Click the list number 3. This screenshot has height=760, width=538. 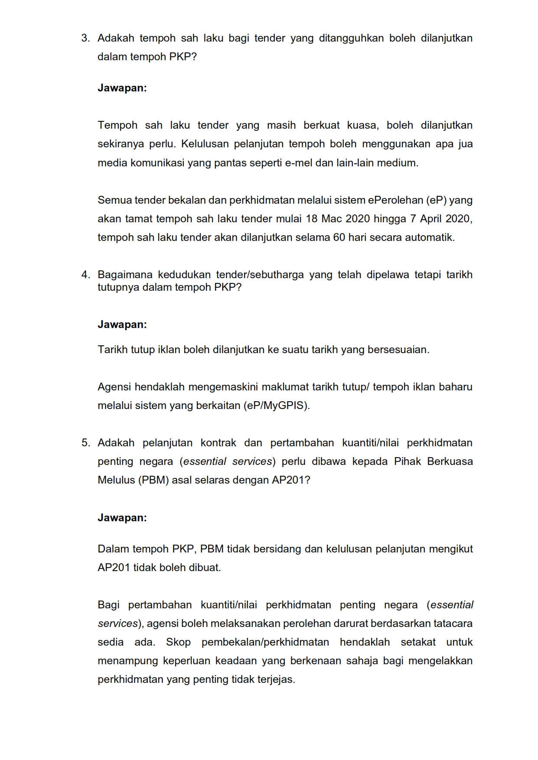point(85,38)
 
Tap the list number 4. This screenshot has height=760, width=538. point(85,275)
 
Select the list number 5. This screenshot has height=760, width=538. point(85,443)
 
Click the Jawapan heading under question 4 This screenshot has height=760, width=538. point(122,325)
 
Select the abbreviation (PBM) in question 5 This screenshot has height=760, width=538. point(153,480)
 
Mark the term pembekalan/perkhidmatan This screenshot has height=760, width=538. point(265,642)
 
